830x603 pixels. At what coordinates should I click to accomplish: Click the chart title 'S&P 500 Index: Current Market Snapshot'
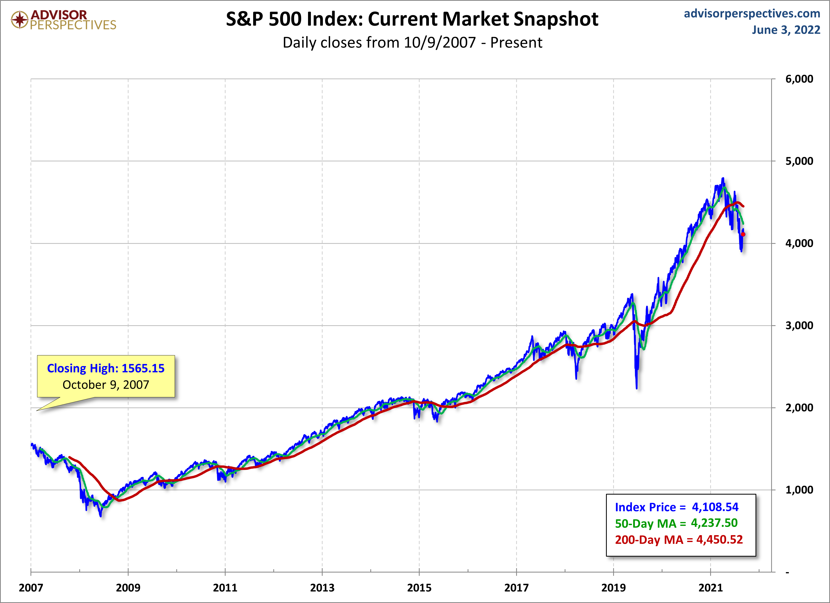412,19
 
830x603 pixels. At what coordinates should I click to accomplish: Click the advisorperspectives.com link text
752,14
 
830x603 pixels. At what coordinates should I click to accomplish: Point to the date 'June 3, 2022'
786,30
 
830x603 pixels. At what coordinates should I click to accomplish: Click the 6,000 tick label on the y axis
799,79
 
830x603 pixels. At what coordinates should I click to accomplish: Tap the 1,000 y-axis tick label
799,490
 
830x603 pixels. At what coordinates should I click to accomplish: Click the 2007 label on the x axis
31,588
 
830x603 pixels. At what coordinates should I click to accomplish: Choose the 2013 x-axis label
322,588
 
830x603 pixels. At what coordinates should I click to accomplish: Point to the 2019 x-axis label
613,588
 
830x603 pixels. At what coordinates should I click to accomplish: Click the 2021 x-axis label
710,588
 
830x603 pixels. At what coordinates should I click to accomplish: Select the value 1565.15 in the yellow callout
143,368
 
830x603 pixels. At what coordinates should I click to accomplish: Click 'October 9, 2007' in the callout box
106,385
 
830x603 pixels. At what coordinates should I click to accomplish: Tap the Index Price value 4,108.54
715,507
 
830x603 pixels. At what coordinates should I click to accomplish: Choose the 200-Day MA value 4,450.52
719,539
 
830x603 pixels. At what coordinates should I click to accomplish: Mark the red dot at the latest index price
743,234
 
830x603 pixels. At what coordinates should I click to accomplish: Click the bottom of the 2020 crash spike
637,388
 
